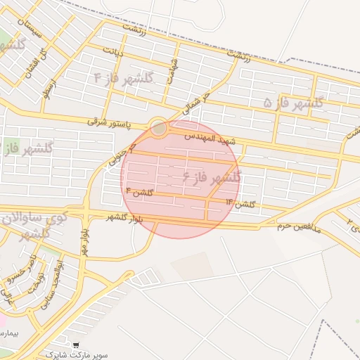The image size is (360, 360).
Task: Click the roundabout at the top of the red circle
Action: pos(159,128)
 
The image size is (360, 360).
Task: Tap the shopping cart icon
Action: pos(66,346)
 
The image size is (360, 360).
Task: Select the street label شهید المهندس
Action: pos(210,137)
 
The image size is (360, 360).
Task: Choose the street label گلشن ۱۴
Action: pos(240,203)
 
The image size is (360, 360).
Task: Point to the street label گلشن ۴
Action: pos(138,191)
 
